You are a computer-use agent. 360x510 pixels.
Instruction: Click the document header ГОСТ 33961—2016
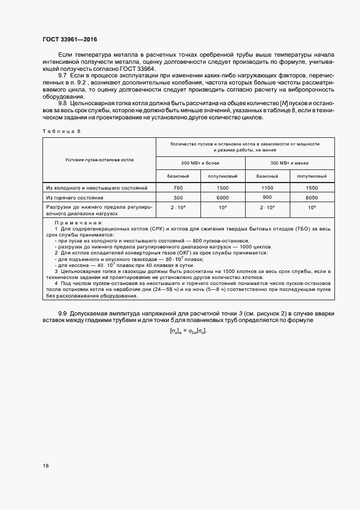point(71,39)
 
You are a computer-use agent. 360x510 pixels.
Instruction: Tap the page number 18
point(46,465)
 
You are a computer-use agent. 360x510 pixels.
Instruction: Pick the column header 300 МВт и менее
point(290,163)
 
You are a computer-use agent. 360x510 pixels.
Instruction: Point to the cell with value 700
point(178,187)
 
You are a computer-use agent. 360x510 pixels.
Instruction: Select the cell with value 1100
point(267,187)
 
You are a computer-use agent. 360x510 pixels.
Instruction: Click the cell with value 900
point(267,197)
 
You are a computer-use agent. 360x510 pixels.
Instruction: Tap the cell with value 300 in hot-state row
point(178,198)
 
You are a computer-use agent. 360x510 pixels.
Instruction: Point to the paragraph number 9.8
point(62,103)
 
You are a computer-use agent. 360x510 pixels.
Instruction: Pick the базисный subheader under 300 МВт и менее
point(267,176)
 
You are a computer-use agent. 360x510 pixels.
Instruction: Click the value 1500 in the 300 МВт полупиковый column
point(312,187)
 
